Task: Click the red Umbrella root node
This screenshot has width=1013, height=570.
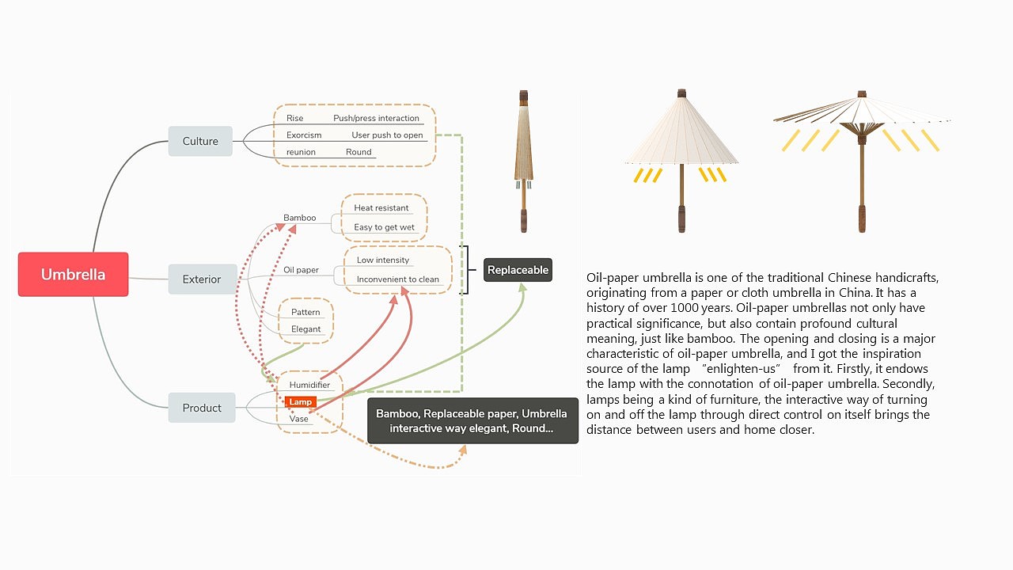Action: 73,275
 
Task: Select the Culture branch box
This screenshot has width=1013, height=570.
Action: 200,141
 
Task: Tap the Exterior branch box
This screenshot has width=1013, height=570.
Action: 202,279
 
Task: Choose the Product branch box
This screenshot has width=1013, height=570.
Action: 202,408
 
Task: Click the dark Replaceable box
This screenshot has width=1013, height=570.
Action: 518,270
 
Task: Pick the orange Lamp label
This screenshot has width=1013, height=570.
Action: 301,402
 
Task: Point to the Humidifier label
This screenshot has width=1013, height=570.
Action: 309,385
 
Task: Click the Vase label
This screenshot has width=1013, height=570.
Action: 298,419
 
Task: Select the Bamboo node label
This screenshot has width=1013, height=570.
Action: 299,218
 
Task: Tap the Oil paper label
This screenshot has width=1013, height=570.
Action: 301,270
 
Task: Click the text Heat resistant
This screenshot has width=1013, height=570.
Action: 381,208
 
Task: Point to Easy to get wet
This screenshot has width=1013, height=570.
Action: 384,227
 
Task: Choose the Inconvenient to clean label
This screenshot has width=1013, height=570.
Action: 397,279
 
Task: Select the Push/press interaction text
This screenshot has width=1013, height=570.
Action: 376,118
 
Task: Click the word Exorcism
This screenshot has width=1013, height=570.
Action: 304,135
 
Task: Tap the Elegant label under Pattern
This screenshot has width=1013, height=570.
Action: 306,329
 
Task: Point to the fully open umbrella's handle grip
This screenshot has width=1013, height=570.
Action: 862,218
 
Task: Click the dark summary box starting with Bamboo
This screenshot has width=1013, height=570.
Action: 472,420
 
